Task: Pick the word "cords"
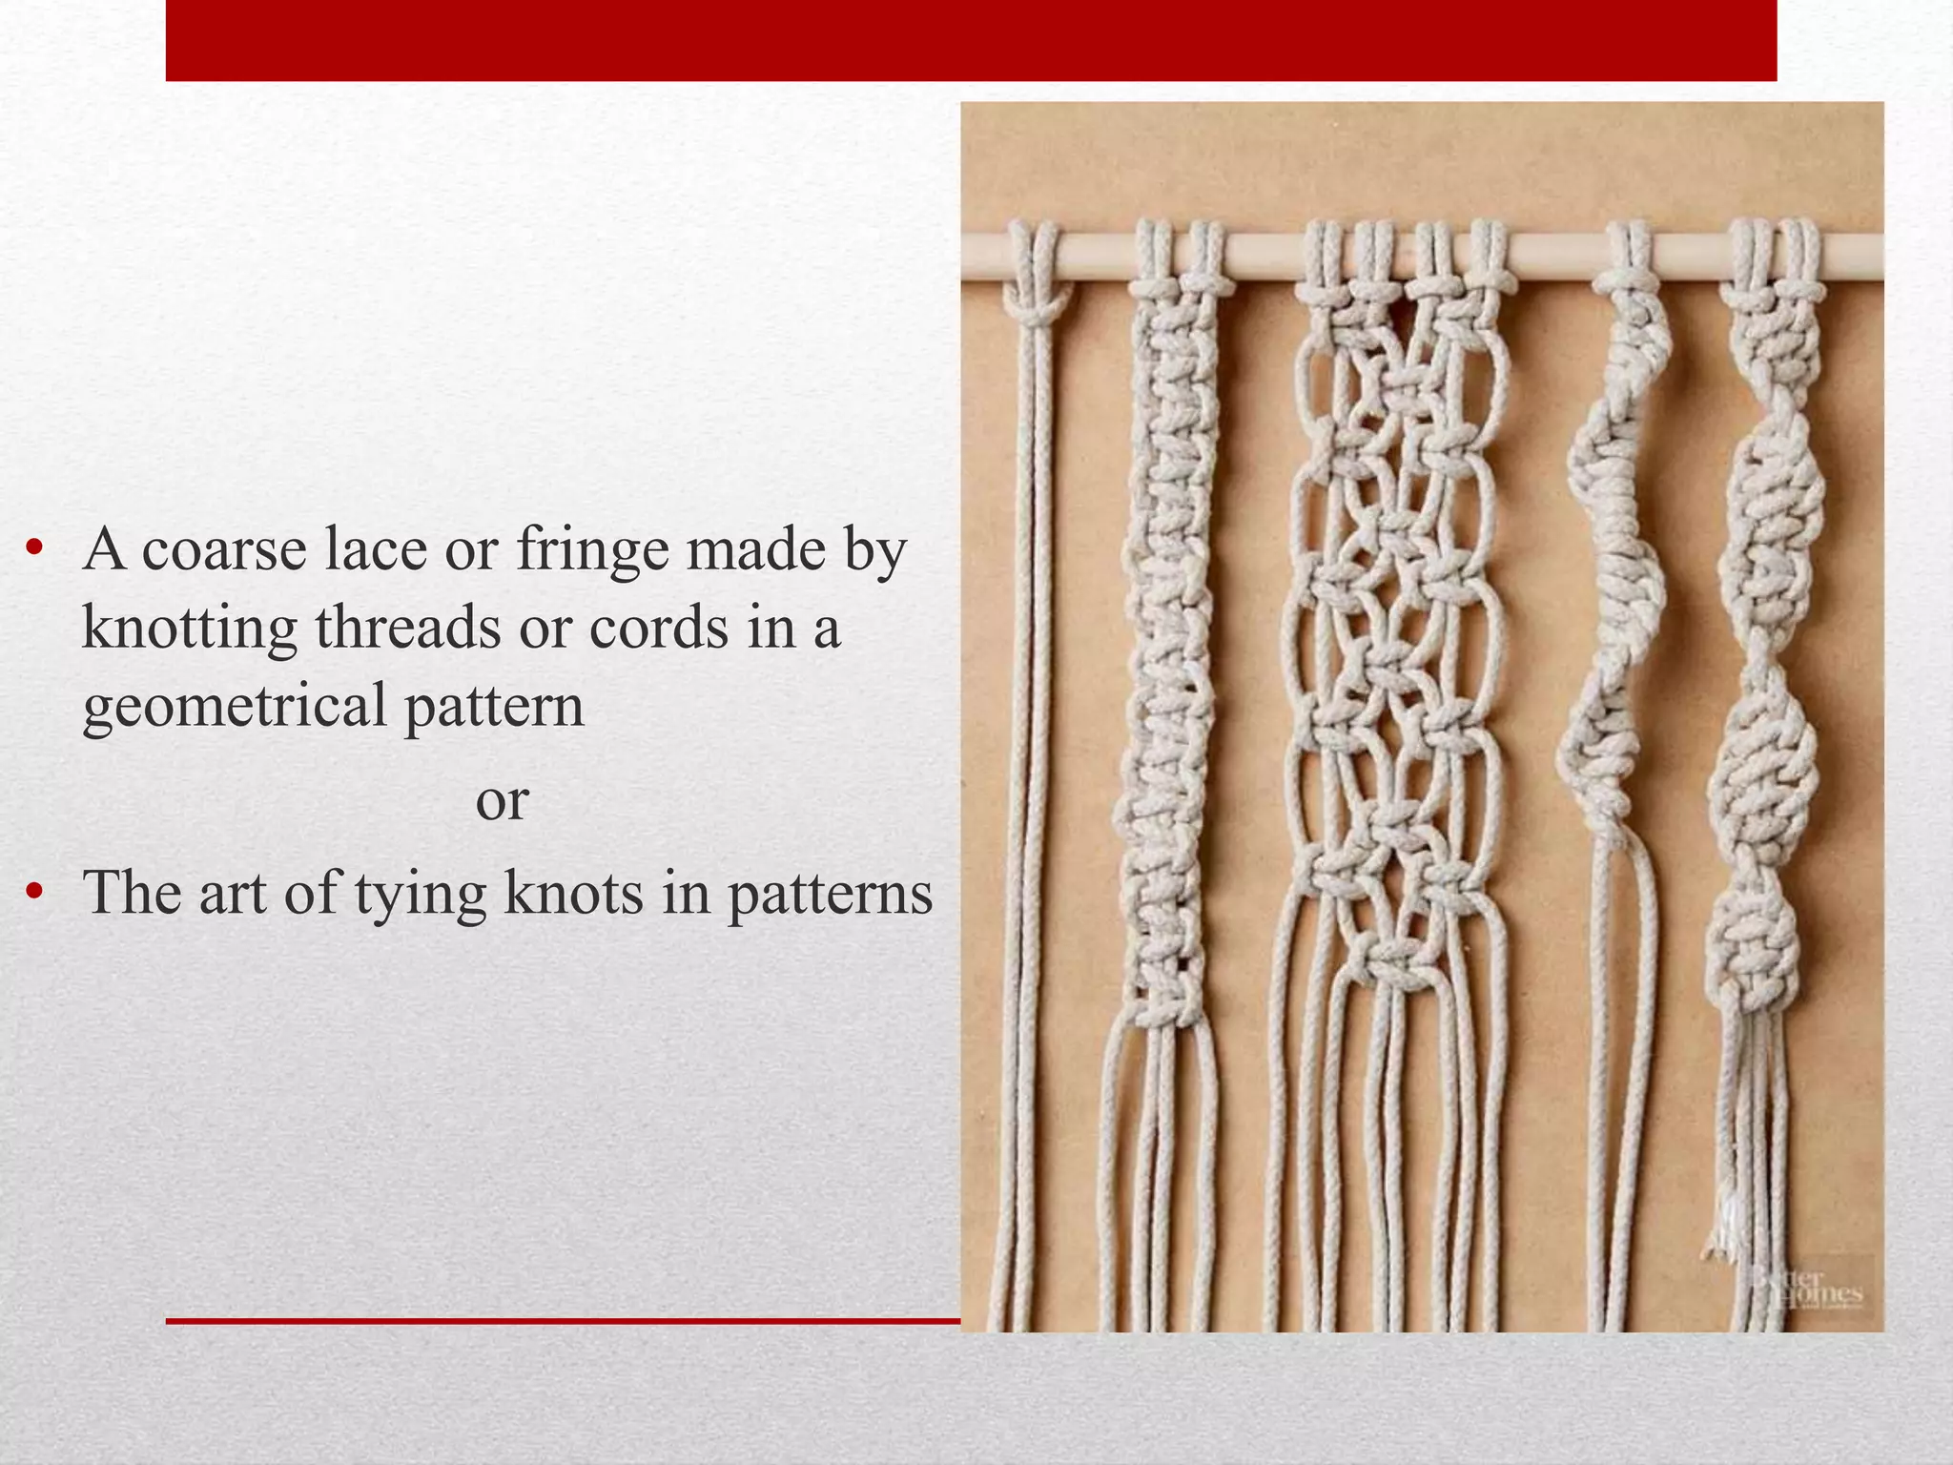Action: (x=658, y=629)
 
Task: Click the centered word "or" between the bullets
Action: (x=502, y=800)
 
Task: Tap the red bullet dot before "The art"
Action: (x=35, y=893)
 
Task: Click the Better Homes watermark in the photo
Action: (x=1807, y=1290)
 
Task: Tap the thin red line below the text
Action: (x=563, y=1321)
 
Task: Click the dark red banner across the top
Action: (x=971, y=40)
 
